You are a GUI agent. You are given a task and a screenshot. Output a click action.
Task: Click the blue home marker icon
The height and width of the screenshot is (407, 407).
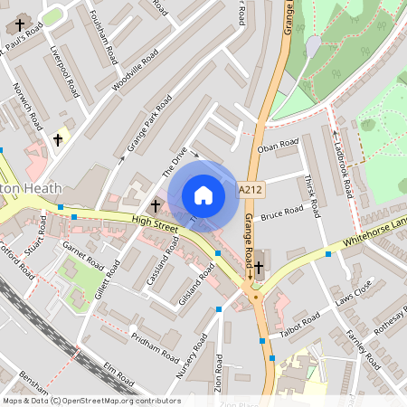[x=203, y=195]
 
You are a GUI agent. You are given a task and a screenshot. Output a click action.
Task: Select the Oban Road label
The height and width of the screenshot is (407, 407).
[x=278, y=144]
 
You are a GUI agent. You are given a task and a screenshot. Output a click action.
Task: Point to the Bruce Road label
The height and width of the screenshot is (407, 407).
[x=280, y=213]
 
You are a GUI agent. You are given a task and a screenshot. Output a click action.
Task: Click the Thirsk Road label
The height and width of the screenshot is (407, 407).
[x=313, y=197]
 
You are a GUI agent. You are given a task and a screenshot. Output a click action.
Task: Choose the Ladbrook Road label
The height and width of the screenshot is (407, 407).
[x=342, y=164]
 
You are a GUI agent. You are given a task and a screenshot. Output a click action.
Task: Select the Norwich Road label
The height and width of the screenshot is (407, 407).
[x=27, y=107]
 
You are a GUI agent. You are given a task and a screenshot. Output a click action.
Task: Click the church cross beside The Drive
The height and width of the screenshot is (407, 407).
[x=156, y=205]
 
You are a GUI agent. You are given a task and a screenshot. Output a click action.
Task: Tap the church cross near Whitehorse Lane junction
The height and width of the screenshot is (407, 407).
[x=260, y=267]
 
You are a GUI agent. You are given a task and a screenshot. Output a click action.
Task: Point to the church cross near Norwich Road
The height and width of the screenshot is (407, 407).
[x=59, y=139]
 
